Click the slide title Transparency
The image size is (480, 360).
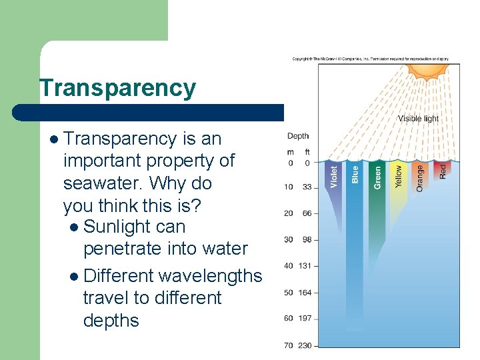(117, 88)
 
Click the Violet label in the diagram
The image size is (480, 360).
(334, 176)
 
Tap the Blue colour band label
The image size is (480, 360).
(355, 175)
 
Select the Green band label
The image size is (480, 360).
(377, 176)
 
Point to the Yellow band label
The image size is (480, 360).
(399, 177)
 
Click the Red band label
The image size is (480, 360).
(442, 171)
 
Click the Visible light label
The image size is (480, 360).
(418, 119)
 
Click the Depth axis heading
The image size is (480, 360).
(298, 136)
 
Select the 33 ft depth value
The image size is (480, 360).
(307, 187)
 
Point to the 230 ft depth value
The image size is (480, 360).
(305, 345)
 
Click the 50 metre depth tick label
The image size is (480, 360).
(289, 293)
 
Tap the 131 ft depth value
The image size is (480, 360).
(305, 266)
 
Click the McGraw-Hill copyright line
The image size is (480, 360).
(371, 59)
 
